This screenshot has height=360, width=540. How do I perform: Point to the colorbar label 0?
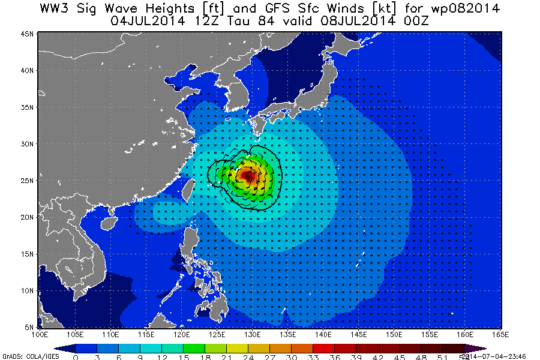click(x=76, y=356)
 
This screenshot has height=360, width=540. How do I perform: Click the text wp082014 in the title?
click(x=461, y=8)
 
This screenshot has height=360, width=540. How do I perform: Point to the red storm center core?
click(x=247, y=176)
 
